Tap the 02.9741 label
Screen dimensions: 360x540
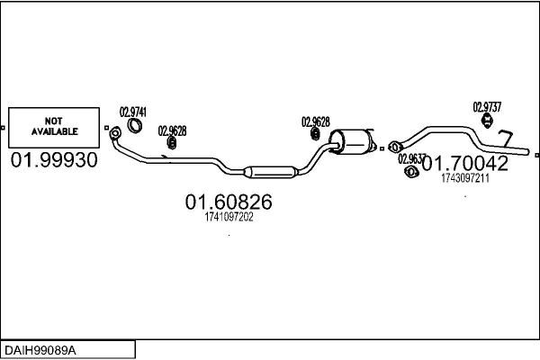[133, 113]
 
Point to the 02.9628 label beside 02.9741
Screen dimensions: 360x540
[172, 130]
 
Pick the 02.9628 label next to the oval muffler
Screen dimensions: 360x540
[315, 121]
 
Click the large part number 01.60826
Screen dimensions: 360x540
[229, 202]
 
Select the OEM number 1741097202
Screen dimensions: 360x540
[229, 217]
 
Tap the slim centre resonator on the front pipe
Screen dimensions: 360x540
[270, 170]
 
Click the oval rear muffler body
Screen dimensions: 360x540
[353, 142]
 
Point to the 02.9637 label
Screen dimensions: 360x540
[412, 158]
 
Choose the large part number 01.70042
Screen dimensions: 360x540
[464, 163]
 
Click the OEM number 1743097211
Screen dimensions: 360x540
[465, 178]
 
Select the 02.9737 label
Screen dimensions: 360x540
[487, 106]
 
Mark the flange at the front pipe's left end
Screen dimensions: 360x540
[114, 134]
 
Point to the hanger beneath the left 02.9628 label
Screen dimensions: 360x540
[168, 142]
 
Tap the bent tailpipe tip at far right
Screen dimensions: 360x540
[506, 140]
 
